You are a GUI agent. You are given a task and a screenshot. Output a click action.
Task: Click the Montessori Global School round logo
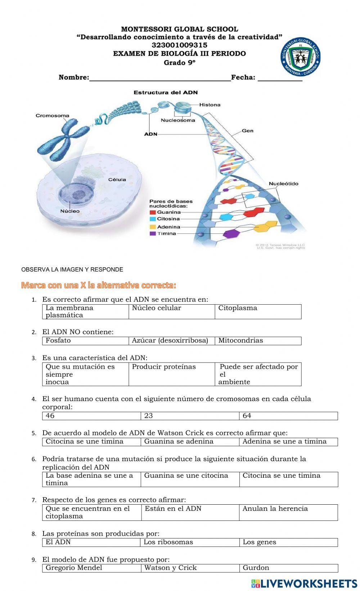[x=300, y=57]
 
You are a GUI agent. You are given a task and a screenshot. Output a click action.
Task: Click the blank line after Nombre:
[x=160, y=78]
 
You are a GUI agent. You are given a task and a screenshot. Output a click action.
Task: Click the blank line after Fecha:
[x=280, y=78]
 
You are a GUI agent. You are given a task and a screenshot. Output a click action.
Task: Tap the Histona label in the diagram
[x=210, y=105]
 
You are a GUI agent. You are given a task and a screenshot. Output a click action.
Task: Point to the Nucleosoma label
[x=178, y=120]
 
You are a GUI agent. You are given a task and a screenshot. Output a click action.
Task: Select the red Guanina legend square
[x=153, y=212]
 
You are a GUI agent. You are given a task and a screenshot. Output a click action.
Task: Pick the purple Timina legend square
[x=153, y=233]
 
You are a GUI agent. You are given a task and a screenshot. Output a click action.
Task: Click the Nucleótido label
[x=283, y=184]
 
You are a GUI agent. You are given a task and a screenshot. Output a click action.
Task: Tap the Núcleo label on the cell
[x=70, y=211]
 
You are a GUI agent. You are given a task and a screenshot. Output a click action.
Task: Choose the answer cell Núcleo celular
[x=172, y=312]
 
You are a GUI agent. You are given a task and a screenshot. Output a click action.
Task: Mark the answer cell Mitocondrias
[x=258, y=341]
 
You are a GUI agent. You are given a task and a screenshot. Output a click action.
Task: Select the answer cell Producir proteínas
[x=172, y=374]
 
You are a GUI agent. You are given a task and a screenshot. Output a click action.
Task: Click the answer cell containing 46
[x=91, y=416]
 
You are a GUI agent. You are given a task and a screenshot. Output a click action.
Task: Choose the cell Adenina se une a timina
[x=288, y=442]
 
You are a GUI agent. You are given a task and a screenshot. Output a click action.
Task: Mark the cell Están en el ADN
[x=190, y=512]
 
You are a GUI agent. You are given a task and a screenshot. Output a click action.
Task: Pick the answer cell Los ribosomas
[x=190, y=542]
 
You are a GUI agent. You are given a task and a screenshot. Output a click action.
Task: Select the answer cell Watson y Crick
[x=190, y=568]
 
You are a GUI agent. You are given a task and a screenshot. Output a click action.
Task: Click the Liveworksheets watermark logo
[x=304, y=583]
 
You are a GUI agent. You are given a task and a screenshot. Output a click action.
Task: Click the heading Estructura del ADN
[x=166, y=92]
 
